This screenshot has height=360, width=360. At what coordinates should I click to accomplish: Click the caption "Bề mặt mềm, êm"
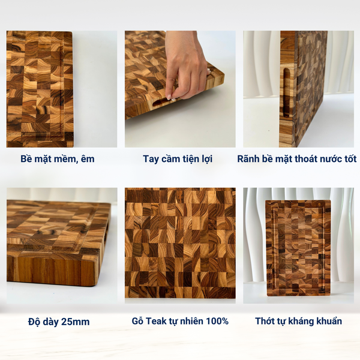(x=58, y=159)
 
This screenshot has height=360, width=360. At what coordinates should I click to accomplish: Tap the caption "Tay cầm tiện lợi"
(x=178, y=159)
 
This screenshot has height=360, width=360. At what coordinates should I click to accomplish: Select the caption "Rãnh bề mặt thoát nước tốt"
(x=297, y=159)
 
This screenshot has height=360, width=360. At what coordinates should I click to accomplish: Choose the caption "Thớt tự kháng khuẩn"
(x=298, y=321)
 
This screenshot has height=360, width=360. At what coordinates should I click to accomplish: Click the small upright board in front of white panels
(x=298, y=248)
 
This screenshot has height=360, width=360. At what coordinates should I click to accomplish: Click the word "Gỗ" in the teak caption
(x=137, y=321)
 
